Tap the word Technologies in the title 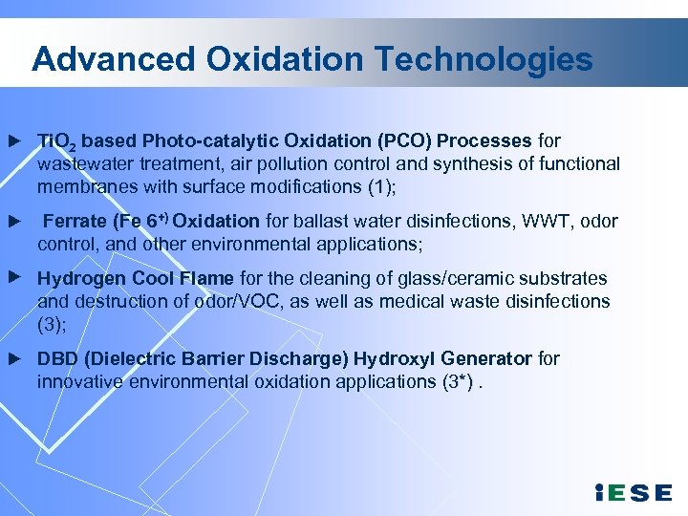pyautogui.click(x=484, y=59)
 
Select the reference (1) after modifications pyautogui.click(x=377, y=186)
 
